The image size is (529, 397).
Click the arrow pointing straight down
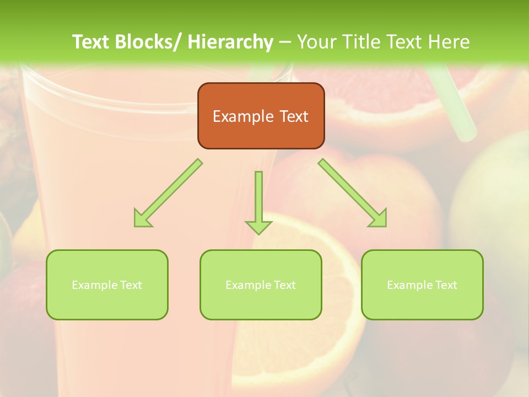[258, 201]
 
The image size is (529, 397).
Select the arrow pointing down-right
[353, 193]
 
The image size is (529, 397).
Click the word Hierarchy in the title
[230, 42]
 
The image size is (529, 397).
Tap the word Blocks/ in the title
[148, 42]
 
